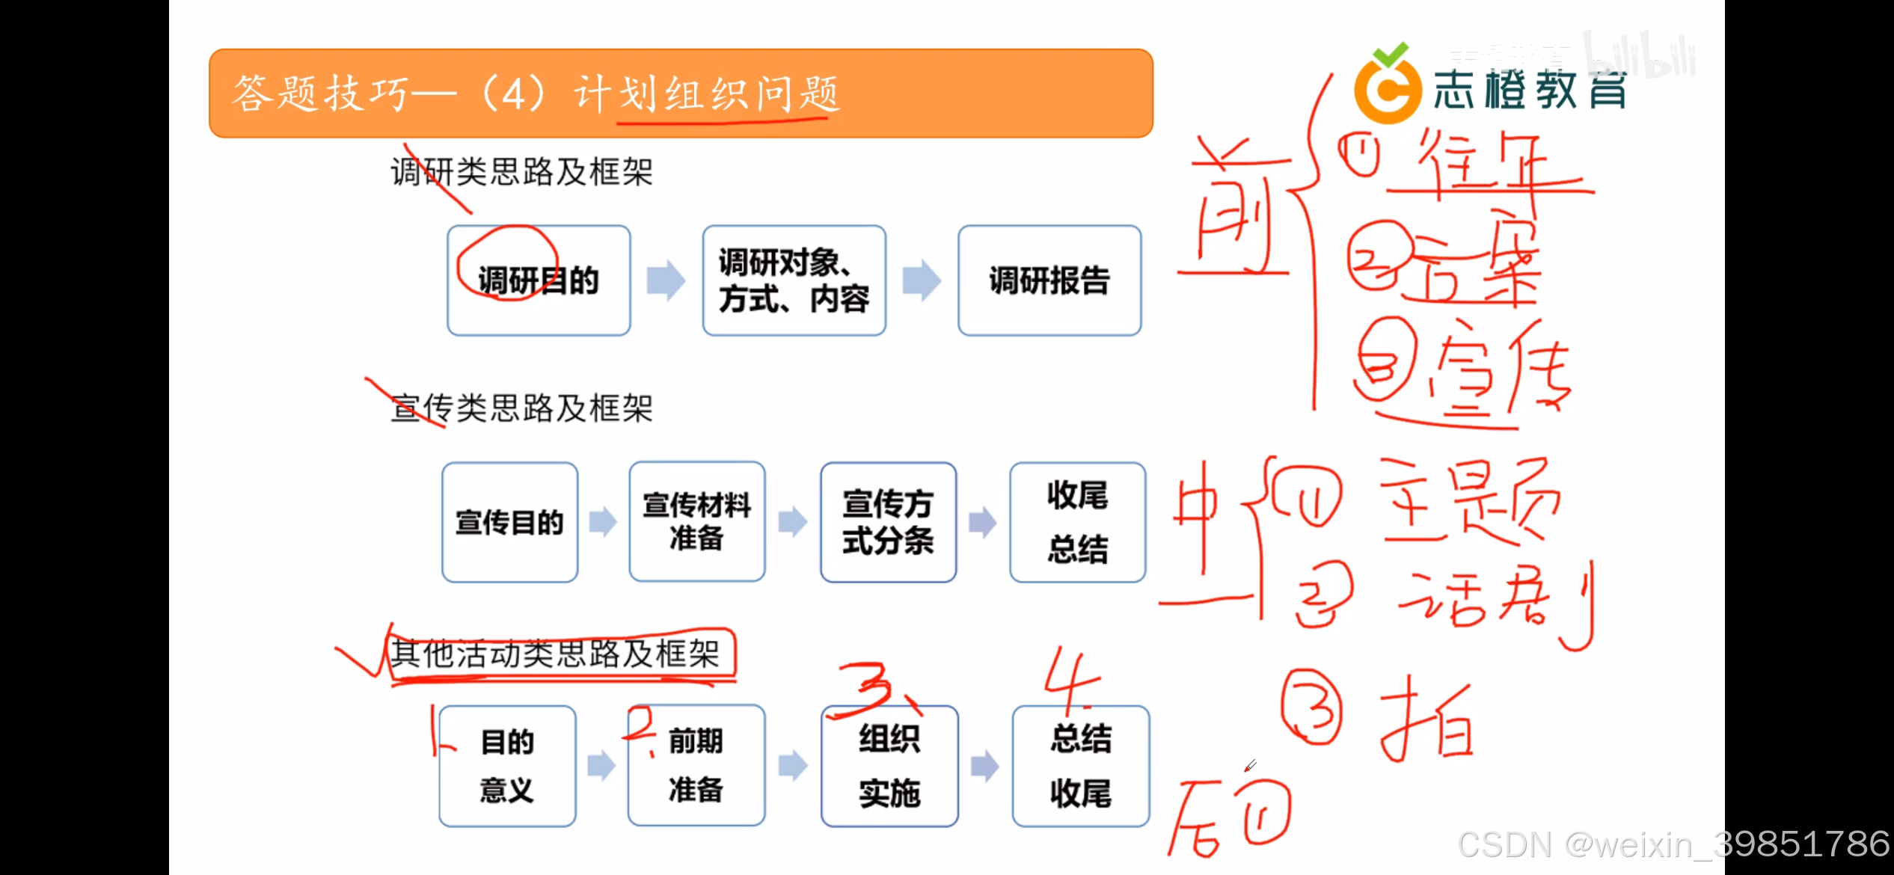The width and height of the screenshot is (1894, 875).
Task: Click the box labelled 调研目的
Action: pos(539,280)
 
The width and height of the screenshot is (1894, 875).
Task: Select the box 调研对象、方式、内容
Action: pos(794,280)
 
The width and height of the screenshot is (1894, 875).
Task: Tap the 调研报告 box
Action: pos(1049,280)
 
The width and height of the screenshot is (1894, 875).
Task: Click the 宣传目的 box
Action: pos(509,522)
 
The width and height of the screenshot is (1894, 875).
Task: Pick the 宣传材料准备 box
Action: pos(696,522)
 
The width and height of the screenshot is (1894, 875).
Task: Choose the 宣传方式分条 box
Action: pos(888,522)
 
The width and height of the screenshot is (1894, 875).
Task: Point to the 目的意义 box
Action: pos(507,766)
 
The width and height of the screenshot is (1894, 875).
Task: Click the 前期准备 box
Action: pos(696,766)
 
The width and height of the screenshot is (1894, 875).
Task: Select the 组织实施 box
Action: pos(889,766)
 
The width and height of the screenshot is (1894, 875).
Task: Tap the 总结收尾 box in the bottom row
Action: pos(1080,766)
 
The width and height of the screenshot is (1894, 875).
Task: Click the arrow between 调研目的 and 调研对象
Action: pos(666,280)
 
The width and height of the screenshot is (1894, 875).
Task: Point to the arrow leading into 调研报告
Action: pos(922,280)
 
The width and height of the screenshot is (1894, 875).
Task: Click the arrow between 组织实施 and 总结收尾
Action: pos(984,766)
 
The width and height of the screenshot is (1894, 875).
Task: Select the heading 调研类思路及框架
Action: pos(521,172)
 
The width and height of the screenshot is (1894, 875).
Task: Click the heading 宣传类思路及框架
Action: pos(521,408)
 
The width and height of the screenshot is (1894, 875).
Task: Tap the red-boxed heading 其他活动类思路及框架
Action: pos(554,654)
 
